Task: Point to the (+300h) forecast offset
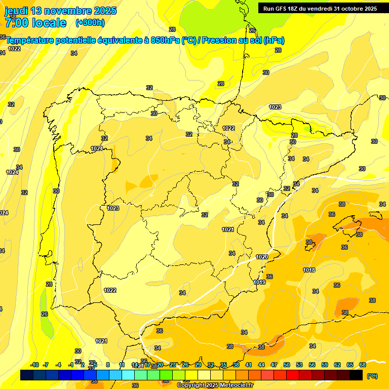pos(90,23)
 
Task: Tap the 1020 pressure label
pos(262,257)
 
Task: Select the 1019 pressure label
pos(259,282)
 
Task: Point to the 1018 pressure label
pos(309,270)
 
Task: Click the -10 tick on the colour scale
pos(34,365)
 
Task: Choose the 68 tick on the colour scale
pos(363,365)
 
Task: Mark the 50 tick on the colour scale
pos(287,365)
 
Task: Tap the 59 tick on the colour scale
pos(325,365)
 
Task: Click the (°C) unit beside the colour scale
pos(372,376)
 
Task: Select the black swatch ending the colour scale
pos(356,375)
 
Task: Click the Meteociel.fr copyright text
pos(214,385)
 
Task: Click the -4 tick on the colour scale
pos(58,365)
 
